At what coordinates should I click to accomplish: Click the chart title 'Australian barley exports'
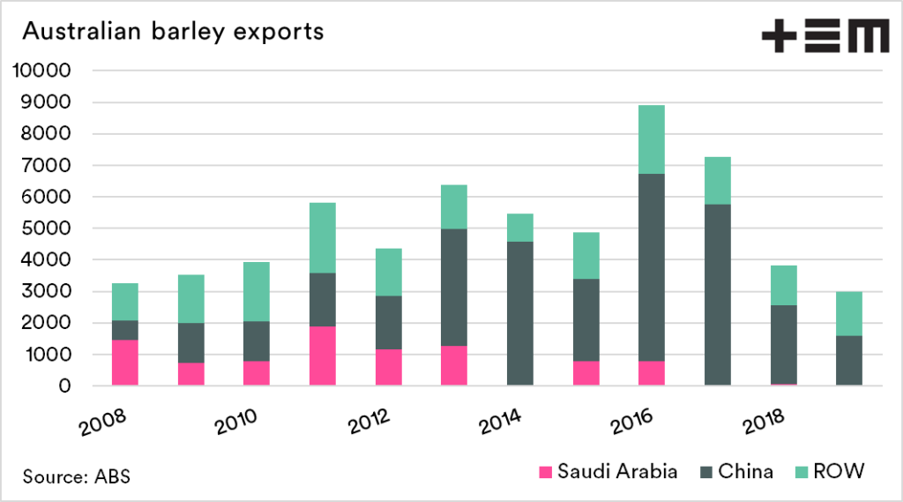point(173,32)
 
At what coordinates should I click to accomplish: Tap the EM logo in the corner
point(825,37)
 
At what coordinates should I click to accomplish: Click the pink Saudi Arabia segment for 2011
point(323,356)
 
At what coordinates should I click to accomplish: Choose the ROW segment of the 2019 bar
point(849,313)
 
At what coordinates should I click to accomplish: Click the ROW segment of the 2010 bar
point(257,291)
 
